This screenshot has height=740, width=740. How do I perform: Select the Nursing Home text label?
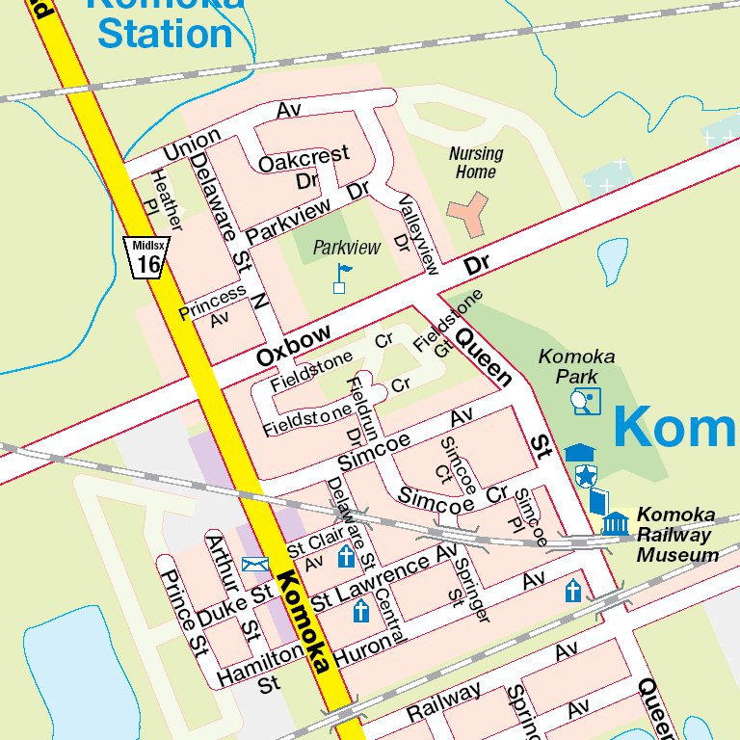click(x=476, y=163)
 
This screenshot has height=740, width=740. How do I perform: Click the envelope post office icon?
click(x=255, y=564)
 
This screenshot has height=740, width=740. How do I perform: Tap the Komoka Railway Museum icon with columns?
click(x=615, y=523)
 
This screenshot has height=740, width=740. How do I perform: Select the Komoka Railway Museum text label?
click(x=676, y=535)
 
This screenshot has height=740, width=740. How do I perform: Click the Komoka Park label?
click(x=576, y=366)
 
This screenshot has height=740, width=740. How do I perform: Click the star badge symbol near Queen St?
click(x=585, y=474)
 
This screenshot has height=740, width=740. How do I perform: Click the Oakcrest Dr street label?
click(x=304, y=166)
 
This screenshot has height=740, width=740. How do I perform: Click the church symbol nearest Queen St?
click(x=573, y=591)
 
